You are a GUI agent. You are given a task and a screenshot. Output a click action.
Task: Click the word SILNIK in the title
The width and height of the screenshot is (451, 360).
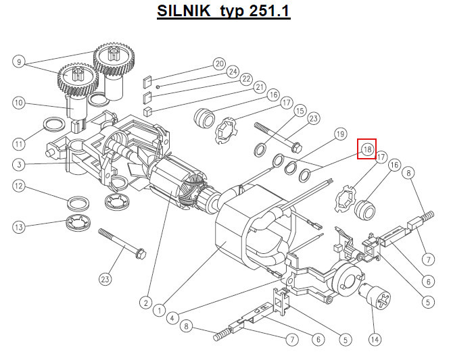tap(184, 11)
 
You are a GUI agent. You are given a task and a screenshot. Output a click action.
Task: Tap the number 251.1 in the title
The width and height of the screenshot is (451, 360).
tap(269, 11)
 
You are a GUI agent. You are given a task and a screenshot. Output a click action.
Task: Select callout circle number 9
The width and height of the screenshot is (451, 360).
tap(19, 61)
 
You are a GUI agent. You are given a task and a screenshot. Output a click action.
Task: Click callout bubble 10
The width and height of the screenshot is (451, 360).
tap(19, 103)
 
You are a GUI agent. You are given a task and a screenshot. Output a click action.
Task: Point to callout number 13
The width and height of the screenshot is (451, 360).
tap(19, 227)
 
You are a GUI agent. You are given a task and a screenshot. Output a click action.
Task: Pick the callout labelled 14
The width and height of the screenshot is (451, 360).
tap(375, 340)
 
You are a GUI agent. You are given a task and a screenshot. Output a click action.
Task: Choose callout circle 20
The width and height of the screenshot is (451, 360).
tap(220, 63)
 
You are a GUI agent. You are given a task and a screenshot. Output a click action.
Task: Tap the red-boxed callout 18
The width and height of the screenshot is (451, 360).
tap(367, 149)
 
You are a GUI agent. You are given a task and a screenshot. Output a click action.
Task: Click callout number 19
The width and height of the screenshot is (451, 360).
tap(340, 134)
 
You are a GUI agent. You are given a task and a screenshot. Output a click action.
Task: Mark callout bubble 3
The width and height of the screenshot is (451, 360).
tap(19, 165)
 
